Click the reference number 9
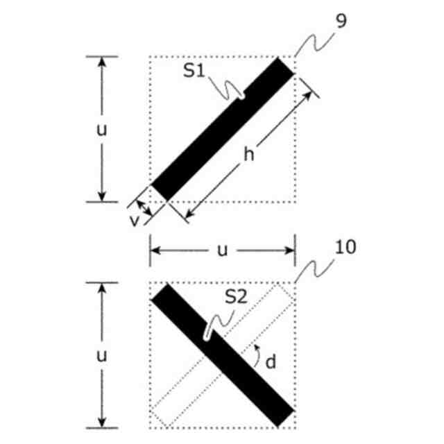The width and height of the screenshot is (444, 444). (x=341, y=22)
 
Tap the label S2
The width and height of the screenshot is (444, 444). (x=237, y=298)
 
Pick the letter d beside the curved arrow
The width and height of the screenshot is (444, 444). (x=272, y=361)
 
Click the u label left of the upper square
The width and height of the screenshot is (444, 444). (x=102, y=130)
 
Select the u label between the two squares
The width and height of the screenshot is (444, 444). (x=222, y=250)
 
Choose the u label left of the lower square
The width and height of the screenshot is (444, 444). (x=102, y=356)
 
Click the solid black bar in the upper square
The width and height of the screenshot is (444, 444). (x=222, y=128)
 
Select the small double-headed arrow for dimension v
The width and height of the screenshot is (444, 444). (x=142, y=209)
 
